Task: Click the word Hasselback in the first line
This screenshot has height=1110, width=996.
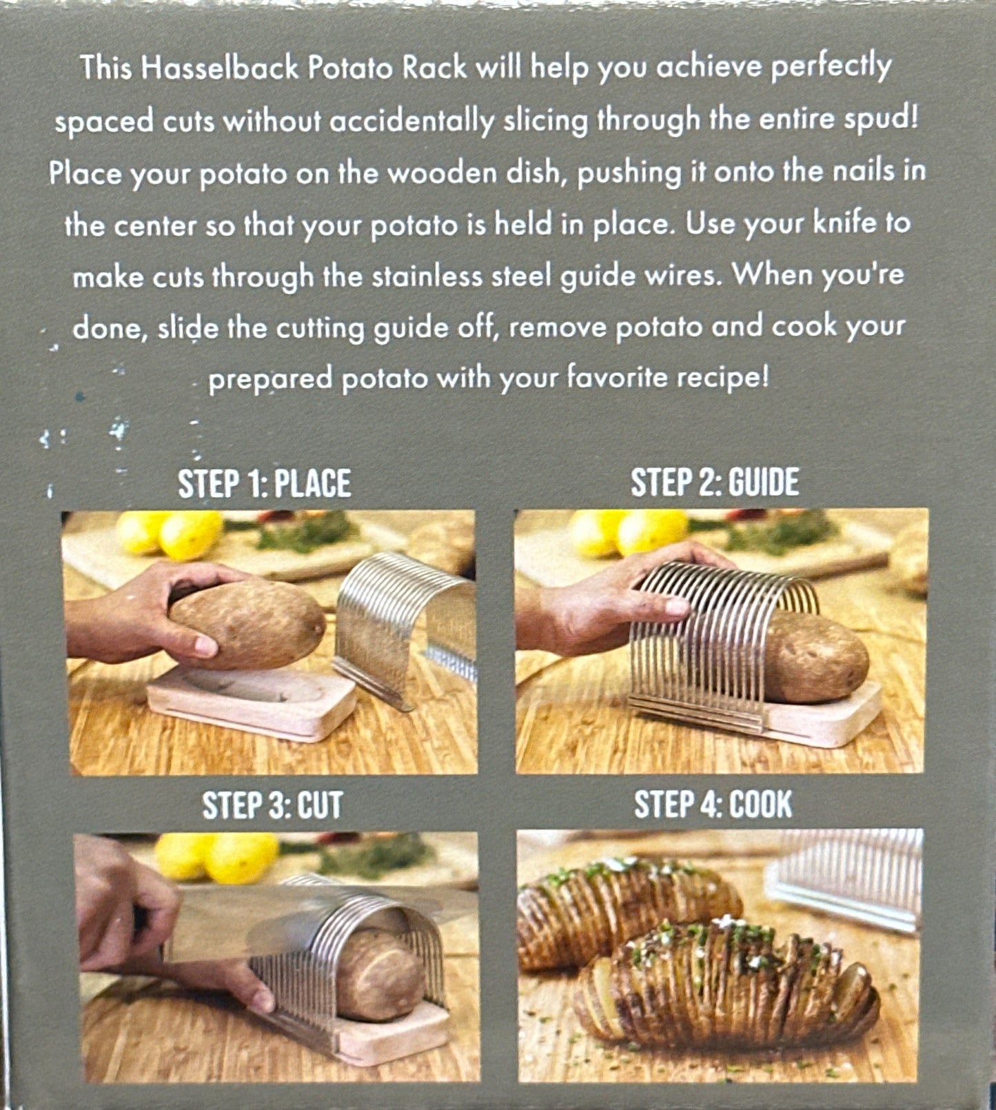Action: point(219,68)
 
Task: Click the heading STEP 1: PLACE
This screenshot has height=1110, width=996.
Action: point(264,483)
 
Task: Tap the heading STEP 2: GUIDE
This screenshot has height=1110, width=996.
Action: point(714,482)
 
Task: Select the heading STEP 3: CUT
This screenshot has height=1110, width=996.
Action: point(272,805)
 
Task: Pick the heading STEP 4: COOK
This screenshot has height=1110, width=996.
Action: point(713,804)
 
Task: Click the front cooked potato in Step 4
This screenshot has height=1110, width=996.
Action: point(731,986)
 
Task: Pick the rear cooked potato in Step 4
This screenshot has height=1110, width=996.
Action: point(620,903)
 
